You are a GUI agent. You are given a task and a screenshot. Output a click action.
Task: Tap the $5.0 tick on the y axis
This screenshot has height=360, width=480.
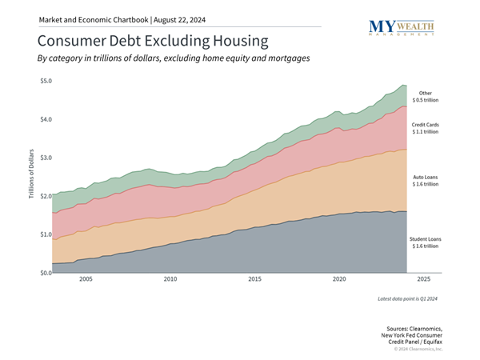pyautogui.click(x=45, y=81)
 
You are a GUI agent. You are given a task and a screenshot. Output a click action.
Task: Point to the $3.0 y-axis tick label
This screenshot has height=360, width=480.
pyautogui.click(x=45, y=158)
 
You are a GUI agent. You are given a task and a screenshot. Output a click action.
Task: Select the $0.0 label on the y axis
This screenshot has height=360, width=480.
pyautogui.click(x=45, y=273)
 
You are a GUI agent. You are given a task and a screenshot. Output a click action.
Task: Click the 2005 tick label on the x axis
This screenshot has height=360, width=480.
pyautogui.click(x=86, y=280)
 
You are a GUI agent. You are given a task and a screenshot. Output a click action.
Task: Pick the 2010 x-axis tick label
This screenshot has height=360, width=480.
pyautogui.click(x=170, y=280)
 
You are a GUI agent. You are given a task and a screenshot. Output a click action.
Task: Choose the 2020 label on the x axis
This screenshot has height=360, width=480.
pyautogui.click(x=339, y=280)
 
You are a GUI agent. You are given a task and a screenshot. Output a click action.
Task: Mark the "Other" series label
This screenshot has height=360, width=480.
pyautogui.click(x=425, y=93)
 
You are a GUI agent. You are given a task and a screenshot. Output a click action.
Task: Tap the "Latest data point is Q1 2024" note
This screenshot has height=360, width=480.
pyautogui.click(x=407, y=298)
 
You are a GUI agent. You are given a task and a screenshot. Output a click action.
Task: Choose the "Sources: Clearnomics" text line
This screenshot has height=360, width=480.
pyautogui.click(x=414, y=328)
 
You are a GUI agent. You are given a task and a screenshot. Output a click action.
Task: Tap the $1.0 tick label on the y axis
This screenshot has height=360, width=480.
pyautogui.click(x=45, y=234)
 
